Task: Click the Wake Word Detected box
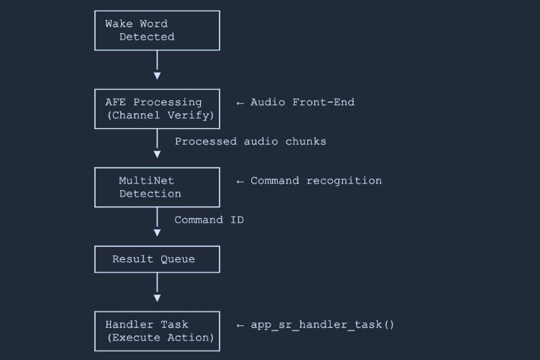tap(157, 30)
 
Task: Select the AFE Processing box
tap(157, 109)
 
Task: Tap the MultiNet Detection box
tap(157, 187)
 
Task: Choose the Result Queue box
tap(157, 259)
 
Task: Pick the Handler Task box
tap(157, 331)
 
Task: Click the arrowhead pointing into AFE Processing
tap(157, 76)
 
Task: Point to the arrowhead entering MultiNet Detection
tap(157, 154)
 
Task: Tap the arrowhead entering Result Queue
tap(157, 233)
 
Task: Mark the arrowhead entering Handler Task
tap(157, 298)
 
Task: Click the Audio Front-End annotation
tap(302, 102)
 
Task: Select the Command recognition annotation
tap(315, 181)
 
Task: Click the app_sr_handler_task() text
tap(322, 325)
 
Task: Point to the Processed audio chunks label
tap(250, 141)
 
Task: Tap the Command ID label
tap(209, 220)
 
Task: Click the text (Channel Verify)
tap(160, 115)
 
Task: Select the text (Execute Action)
tap(160, 338)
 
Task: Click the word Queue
tap(177, 259)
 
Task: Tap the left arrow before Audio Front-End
tap(240, 102)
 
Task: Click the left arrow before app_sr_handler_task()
tap(240, 325)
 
